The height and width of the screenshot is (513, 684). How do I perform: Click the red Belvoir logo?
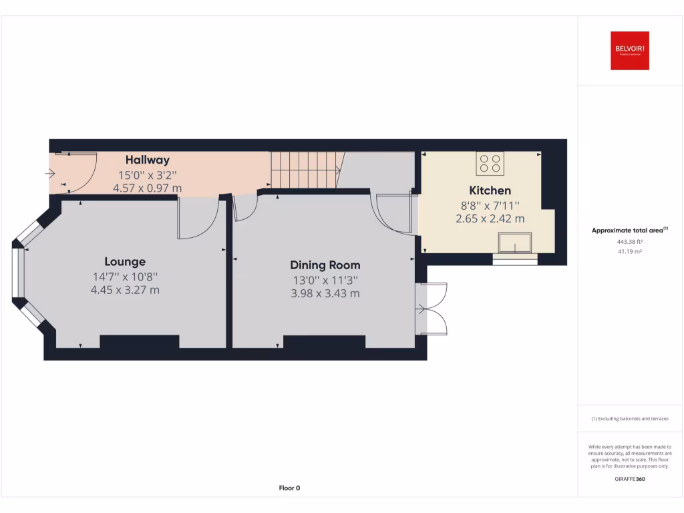click(x=629, y=51)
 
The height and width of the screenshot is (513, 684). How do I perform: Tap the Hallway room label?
click(x=148, y=160)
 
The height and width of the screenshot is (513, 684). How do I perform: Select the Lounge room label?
click(x=125, y=262)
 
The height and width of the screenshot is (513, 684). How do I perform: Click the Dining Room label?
click(x=325, y=265)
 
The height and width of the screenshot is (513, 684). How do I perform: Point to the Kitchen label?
click(x=490, y=190)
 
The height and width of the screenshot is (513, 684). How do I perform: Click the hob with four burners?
click(x=490, y=164)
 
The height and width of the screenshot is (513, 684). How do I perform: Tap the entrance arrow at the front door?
click(x=50, y=174)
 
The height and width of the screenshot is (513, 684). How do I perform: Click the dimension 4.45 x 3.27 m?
click(x=125, y=290)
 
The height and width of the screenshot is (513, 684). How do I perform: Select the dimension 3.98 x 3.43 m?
click(x=325, y=293)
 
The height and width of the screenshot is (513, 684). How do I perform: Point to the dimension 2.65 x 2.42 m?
click(x=490, y=218)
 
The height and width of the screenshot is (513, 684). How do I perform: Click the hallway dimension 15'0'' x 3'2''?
click(x=148, y=175)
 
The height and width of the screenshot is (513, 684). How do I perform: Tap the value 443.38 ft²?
click(x=630, y=241)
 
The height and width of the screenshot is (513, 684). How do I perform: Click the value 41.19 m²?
click(x=630, y=251)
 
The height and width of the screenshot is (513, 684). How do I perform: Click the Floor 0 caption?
click(x=289, y=488)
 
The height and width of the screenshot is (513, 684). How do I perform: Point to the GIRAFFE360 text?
click(x=630, y=478)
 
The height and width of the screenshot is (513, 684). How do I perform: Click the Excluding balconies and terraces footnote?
click(x=630, y=419)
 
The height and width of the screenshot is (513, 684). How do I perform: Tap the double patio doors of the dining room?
click(x=431, y=309)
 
